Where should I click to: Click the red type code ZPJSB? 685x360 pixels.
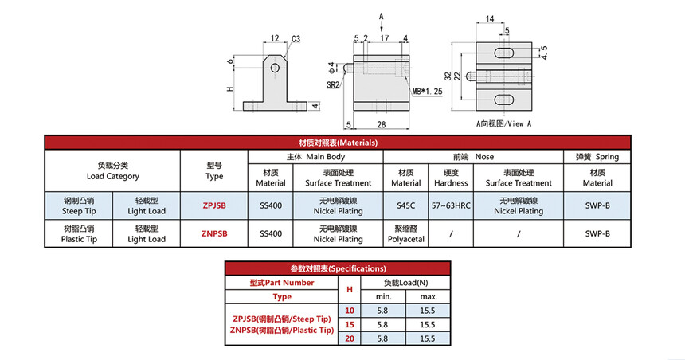[x=214, y=205]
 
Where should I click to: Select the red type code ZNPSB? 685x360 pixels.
[x=214, y=233]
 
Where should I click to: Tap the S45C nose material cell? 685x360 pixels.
[x=405, y=205]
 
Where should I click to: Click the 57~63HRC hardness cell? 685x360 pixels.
[x=451, y=205]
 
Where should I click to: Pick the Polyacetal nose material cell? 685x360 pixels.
[x=405, y=233]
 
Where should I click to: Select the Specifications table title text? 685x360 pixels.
[x=338, y=268]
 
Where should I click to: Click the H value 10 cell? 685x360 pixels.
[x=348, y=309]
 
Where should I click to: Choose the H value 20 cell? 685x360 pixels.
[x=348, y=338]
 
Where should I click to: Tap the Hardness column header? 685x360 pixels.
[x=451, y=177]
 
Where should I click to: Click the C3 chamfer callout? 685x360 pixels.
[x=296, y=37]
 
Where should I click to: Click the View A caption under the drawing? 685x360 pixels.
[x=503, y=124]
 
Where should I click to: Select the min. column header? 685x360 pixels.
[x=383, y=296]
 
